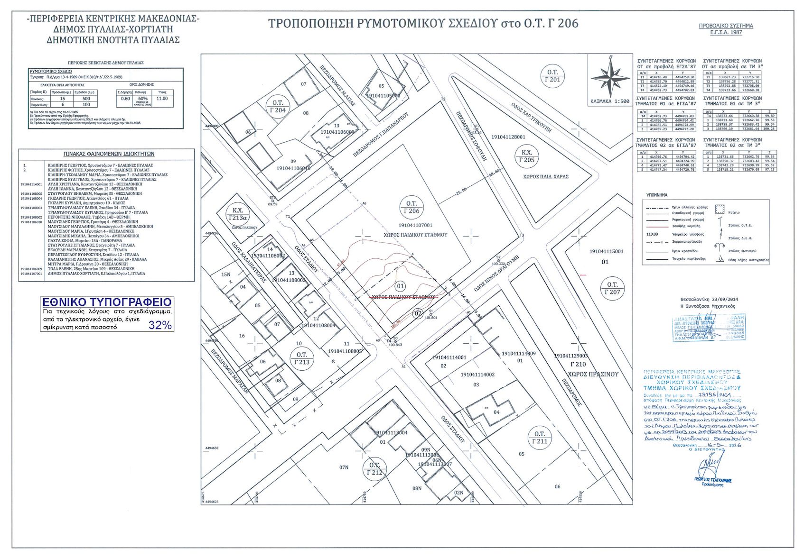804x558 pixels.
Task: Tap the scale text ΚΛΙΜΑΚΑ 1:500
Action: pos(610,101)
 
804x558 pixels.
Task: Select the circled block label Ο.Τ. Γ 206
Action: pos(411,207)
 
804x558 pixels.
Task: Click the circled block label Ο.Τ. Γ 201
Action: pos(552,76)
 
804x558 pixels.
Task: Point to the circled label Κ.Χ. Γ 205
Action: pos(526,156)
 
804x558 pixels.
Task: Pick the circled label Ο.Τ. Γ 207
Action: pos(612,288)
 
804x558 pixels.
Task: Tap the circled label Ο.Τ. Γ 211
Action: pos(540,438)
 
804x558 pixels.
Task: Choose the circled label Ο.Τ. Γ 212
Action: pos(374,469)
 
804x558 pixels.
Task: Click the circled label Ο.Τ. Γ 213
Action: pos(302,358)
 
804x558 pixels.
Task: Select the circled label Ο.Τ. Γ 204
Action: pos(278,107)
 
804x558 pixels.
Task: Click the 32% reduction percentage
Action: pos(160,325)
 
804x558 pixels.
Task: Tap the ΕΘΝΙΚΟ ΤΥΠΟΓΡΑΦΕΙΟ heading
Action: pos(107,302)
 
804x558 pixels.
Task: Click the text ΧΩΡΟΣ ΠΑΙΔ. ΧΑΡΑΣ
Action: pos(546,177)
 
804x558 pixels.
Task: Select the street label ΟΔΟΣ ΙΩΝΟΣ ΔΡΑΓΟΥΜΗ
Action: pos(496,274)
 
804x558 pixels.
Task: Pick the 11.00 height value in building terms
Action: pos(162,99)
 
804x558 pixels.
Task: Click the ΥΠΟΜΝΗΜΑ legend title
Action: pos(657,195)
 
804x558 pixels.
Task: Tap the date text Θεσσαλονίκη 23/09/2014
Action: pos(709,299)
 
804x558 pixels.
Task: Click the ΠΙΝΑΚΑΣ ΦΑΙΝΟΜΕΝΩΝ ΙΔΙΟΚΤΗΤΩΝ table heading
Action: pos(109,154)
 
